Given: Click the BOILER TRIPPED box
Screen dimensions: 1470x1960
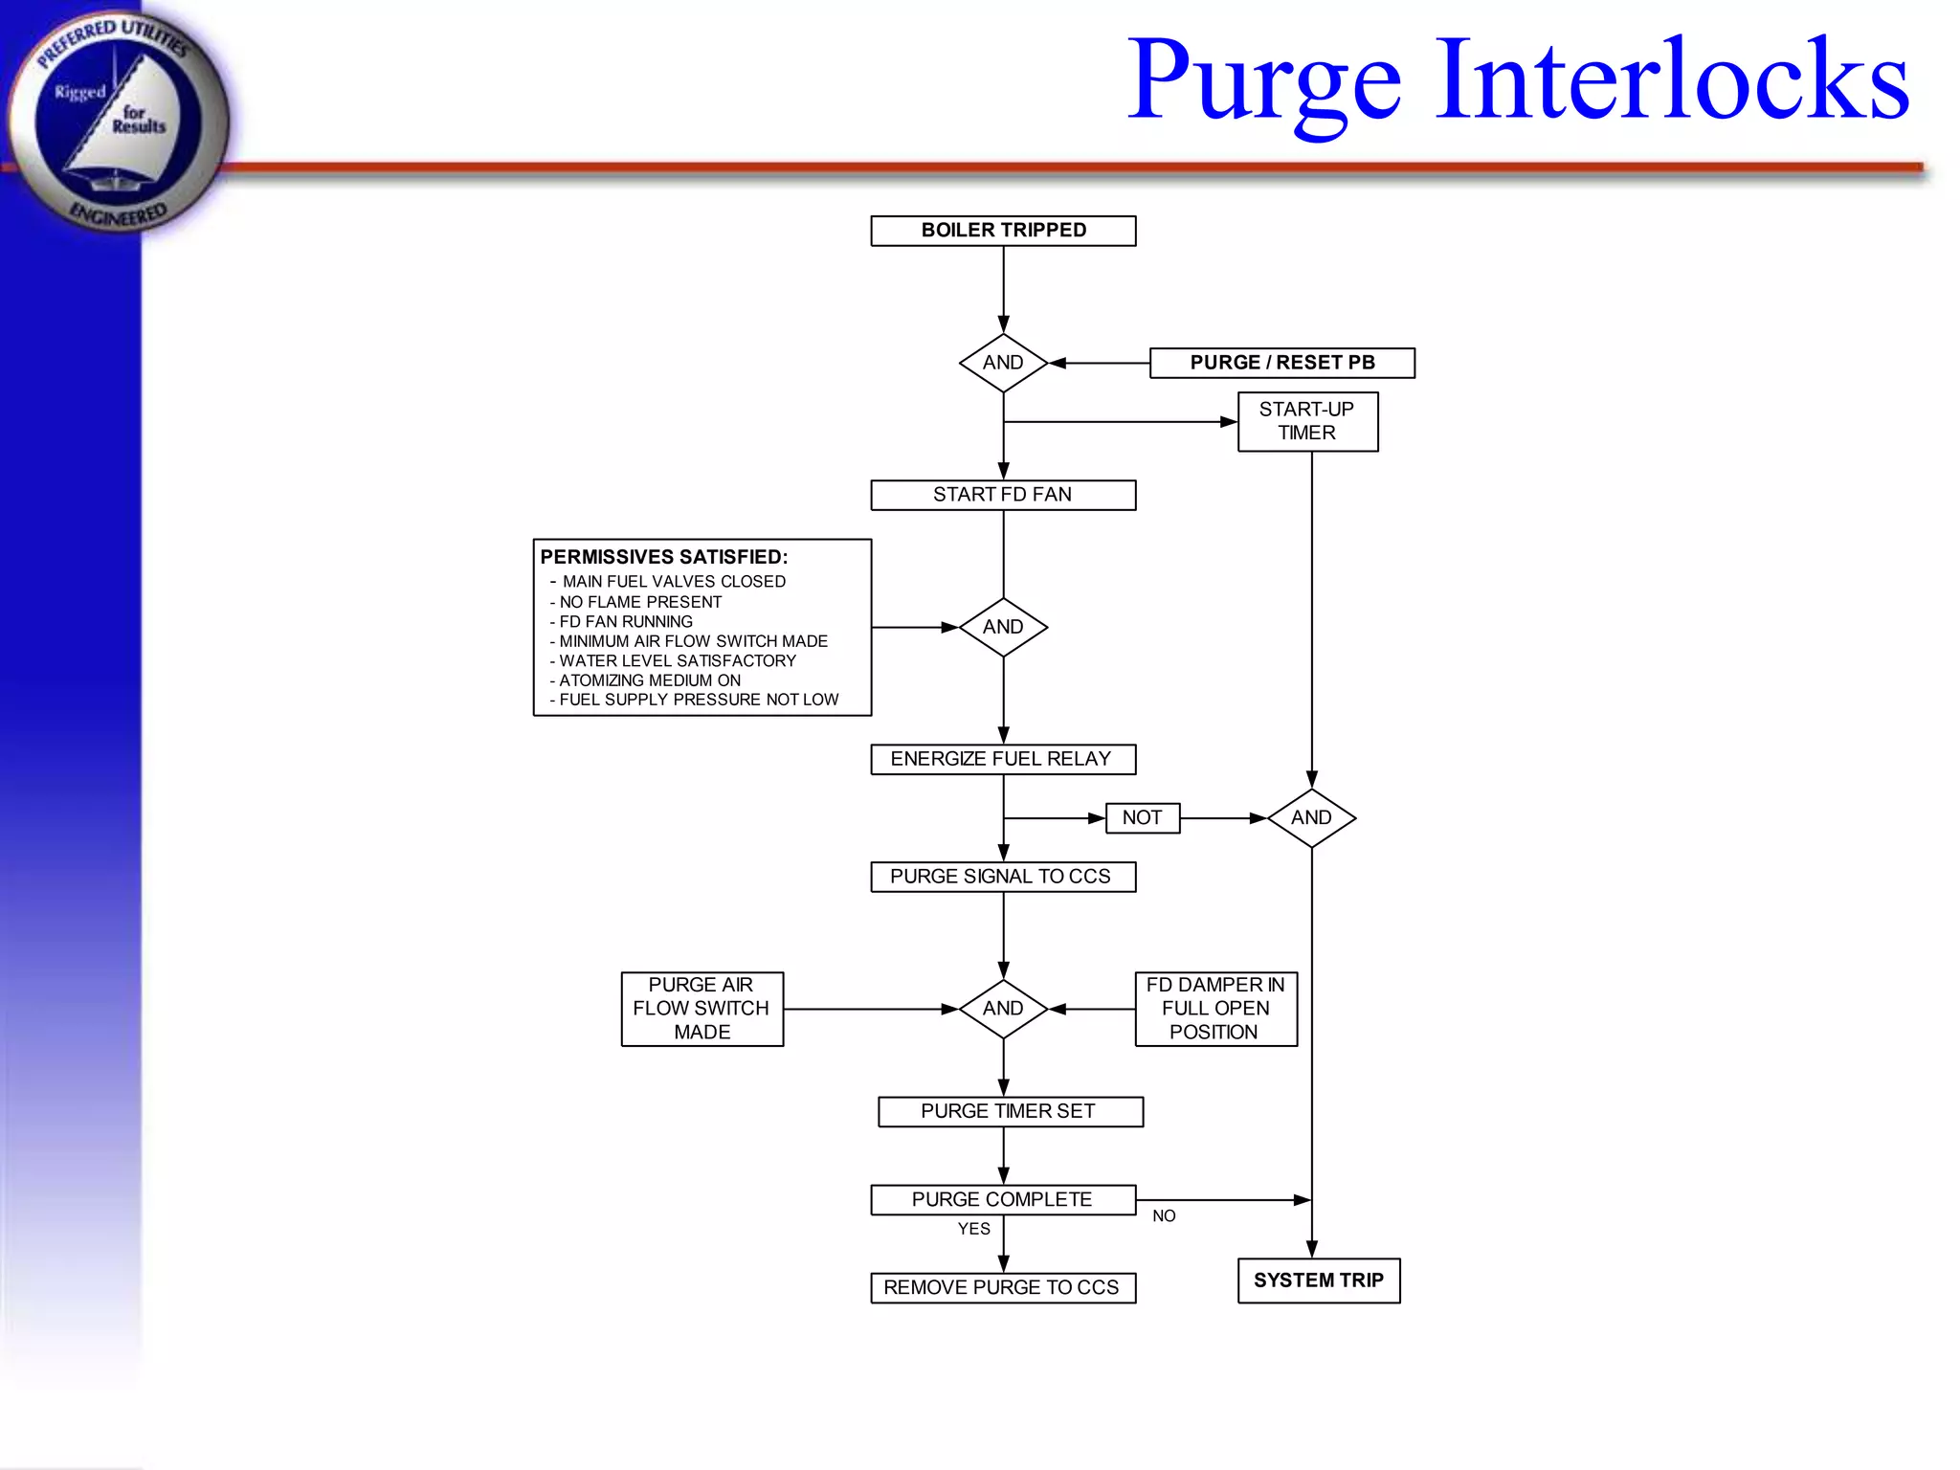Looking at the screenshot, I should pyautogui.click(x=1003, y=231).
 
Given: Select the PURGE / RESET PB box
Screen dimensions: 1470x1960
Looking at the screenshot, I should pyautogui.click(x=1281, y=363).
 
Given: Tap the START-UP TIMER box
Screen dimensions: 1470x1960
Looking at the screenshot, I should pyautogui.click(x=1307, y=421).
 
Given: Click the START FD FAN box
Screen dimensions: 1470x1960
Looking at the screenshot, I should pyautogui.click(x=1003, y=495).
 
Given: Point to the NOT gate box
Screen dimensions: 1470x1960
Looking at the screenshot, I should pyautogui.click(x=1142, y=818).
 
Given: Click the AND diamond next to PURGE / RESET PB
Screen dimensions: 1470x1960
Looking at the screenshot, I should pyautogui.click(x=1003, y=363).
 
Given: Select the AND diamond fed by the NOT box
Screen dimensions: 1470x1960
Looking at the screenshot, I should pyautogui.click(x=1311, y=818).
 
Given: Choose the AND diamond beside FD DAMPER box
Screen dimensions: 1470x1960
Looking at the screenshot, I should pyautogui.click(x=1003, y=1009).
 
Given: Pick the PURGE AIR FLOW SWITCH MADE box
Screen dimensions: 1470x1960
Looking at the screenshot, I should pyautogui.click(x=702, y=1009).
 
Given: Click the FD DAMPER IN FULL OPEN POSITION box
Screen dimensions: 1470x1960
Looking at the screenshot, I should pyautogui.click(x=1215, y=1009).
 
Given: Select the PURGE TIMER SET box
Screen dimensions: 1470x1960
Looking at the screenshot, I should pyautogui.click(x=1010, y=1111).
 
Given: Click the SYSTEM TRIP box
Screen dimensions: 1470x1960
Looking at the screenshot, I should pyautogui.click(x=1319, y=1281).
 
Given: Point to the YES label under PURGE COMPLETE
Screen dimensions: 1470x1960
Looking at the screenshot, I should pyautogui.click(x=974, y=1229).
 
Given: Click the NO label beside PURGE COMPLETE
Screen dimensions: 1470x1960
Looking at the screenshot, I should pyautogui.click(x=1164, y=1216).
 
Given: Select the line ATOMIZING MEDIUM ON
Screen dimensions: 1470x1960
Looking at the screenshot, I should pyautogui.click(x=650, y=680).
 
